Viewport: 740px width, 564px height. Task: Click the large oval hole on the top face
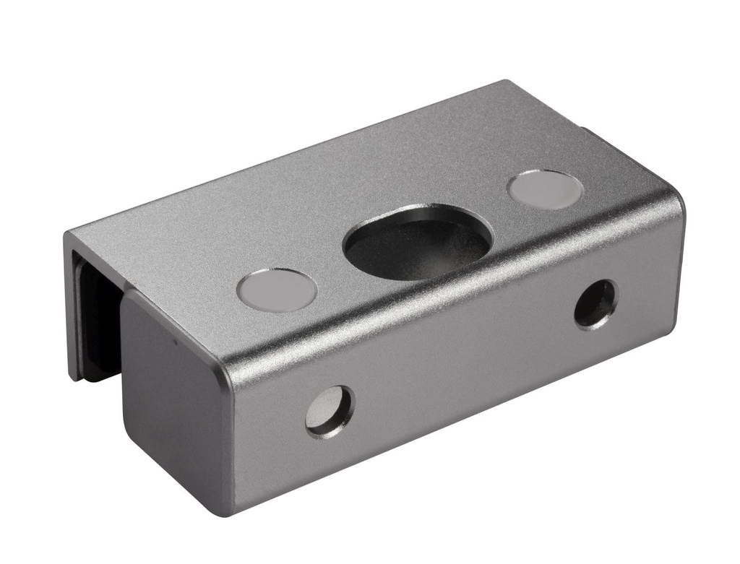click(x=418, y=243)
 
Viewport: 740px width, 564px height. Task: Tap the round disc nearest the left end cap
click(x=276, y=290)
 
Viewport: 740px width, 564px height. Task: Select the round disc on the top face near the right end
click(x=545, y=190)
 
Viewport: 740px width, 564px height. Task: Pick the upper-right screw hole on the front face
click(x=595, y=303)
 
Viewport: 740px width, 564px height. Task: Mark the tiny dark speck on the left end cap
click(x=173, y=339)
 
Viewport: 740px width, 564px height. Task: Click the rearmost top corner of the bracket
click(x=506, y=81)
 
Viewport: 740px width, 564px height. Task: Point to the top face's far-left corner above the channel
click(x=67, y=234)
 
